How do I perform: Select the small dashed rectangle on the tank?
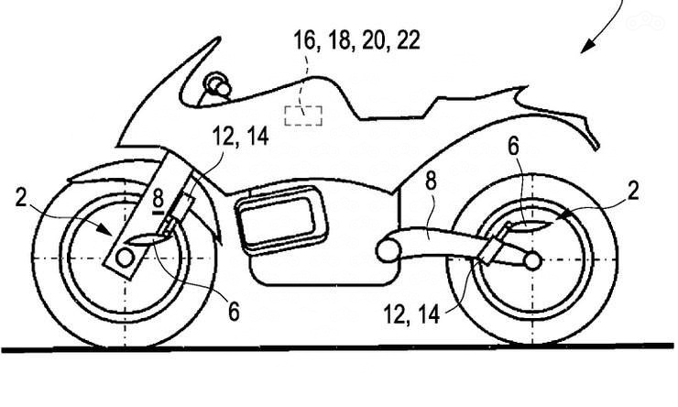302,115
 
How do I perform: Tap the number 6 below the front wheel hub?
234,313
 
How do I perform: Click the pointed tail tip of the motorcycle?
601,147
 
